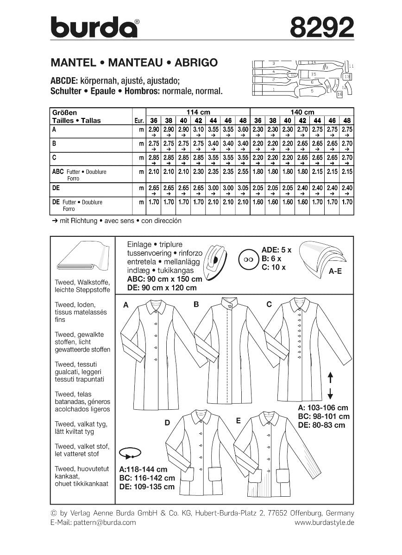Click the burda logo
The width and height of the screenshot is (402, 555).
click(x=94, y=27)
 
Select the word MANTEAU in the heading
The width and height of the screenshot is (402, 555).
click(x=131, y=62)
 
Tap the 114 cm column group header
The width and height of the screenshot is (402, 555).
click(x=198, y=112)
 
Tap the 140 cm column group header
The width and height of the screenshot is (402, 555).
click(x=301, y=112)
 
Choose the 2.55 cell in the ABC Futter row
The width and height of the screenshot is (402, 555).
click(x=242, y=172)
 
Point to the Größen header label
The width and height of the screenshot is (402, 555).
click(x=64, y=112)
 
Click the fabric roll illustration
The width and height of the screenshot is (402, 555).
click(x=82, y=256)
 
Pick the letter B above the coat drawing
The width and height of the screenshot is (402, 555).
click(x=196, y=304)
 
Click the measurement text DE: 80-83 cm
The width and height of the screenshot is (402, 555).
click(x=321, y=425)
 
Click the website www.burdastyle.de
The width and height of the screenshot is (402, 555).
click(x=324, y=522)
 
